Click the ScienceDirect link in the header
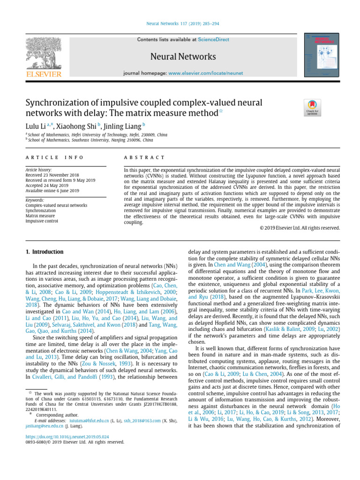coord(214,40)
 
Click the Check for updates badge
coord(312,108)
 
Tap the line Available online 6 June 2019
coord(52,191)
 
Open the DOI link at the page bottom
coord(70,436)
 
